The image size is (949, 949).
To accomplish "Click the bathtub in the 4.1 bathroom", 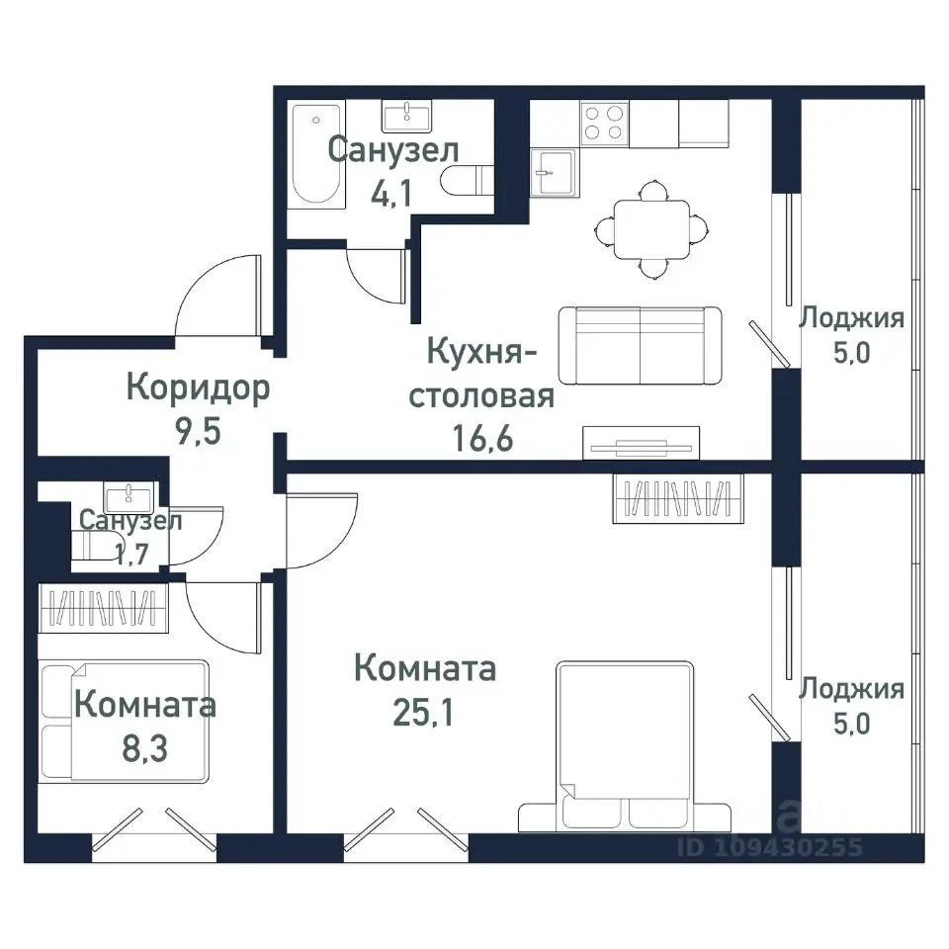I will pyautogui.click(x=317, y=155).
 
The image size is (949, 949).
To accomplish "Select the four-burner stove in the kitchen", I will pyautogui.click(x=604, y=124).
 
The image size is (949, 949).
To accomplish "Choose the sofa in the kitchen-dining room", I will pyautogui.click(x=640, y=345).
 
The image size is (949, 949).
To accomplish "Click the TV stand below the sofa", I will pyautogui.click(x=641, y=442).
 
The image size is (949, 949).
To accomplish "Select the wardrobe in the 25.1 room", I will pyautogui.click(x=677, y=497).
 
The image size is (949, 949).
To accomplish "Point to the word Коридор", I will pyautogui.click(x=198, y=388).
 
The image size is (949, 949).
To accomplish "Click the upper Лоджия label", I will pyautogui.click(x=851, y=318).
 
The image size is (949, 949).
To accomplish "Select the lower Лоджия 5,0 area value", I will pyautogui.click(x=851, y=722).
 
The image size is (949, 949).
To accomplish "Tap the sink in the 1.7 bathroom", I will pyautogui.click(x=126, y=495).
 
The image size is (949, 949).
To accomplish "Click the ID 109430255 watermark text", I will pyautogui.click(x=771, y=847).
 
